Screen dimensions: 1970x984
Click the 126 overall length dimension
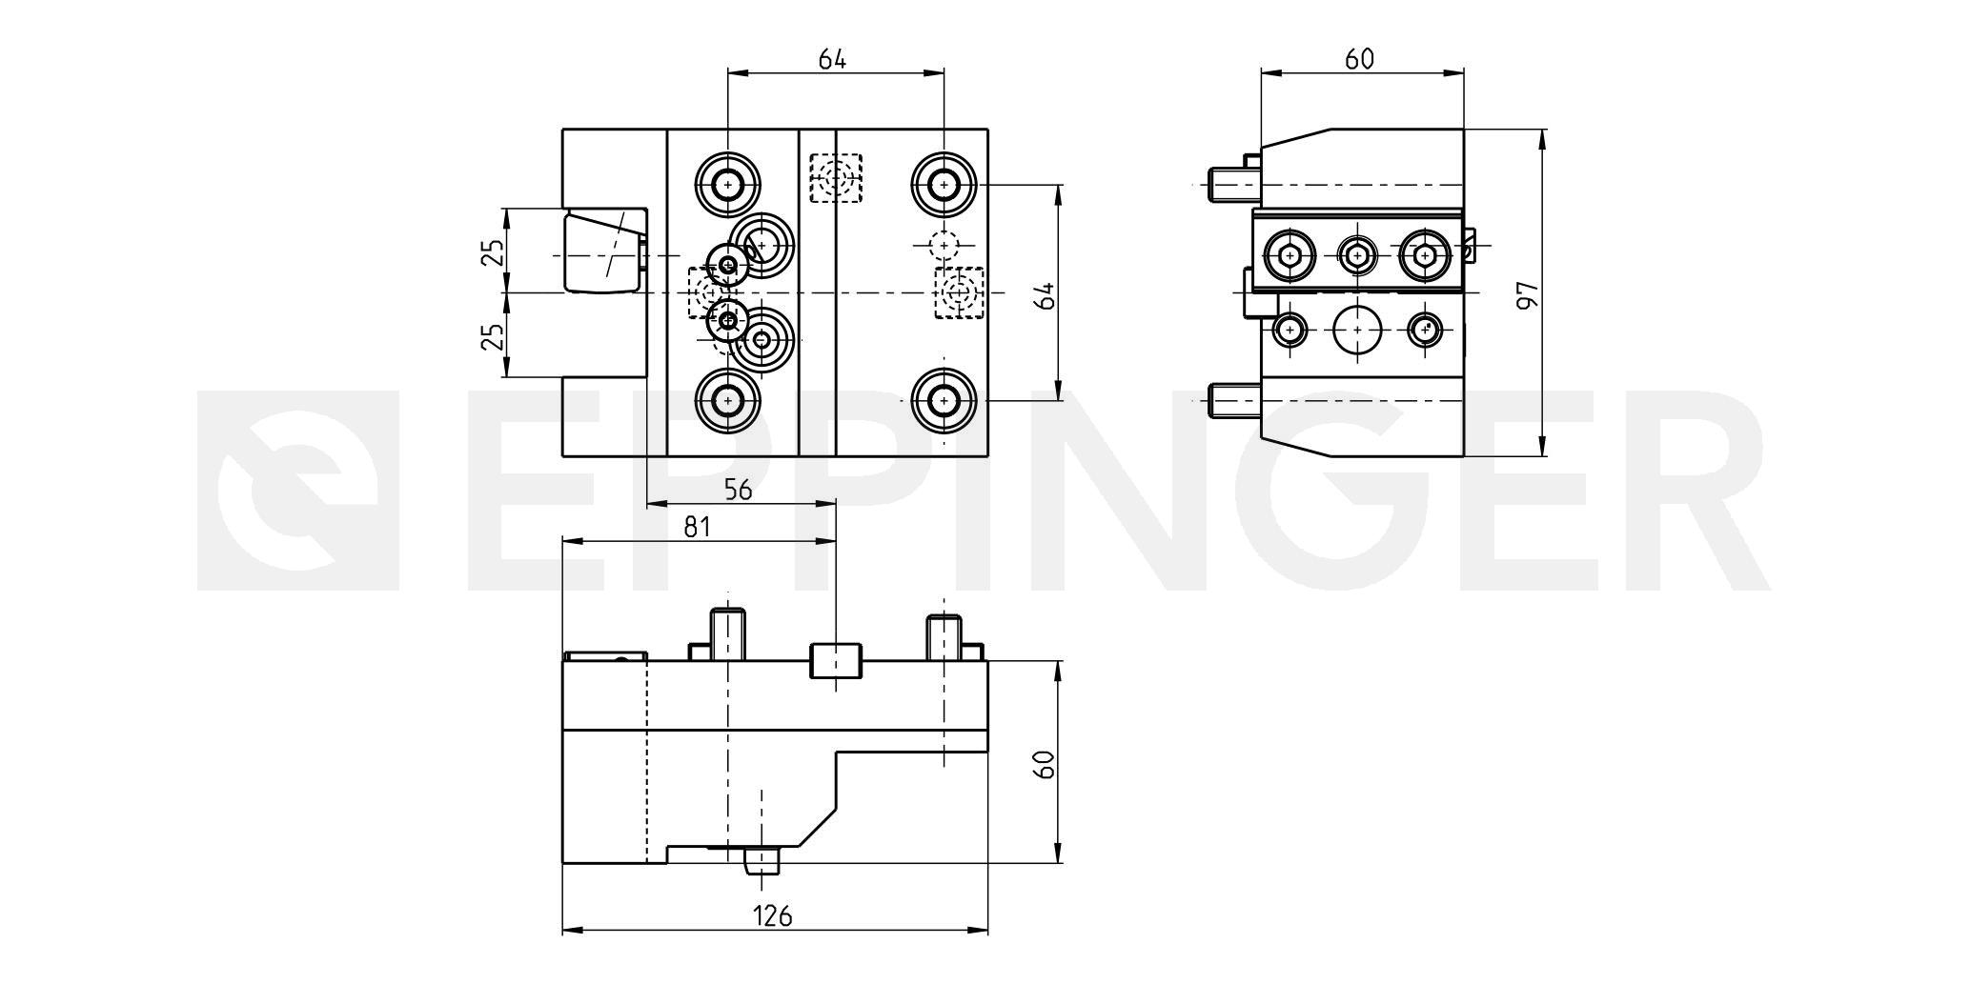[773, 916]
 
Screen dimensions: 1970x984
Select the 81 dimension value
[698, 527]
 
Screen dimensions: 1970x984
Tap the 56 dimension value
[738, 490]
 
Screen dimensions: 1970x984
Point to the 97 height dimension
[1527, 294]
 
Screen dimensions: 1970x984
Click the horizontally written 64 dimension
[832, 59]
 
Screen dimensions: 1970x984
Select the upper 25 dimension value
[493, 252]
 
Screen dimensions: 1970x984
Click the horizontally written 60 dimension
[1359, 59]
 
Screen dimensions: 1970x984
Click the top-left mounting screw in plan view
[728, 184]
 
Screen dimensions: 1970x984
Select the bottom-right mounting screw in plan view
[944, 401]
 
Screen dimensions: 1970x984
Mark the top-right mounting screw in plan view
[944, 184]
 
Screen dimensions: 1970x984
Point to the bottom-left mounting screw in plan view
[728, 401]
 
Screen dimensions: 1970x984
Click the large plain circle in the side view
[1357, 331]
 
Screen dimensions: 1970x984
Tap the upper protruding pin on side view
[1234, 184]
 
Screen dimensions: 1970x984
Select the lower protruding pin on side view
[1234, 401]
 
